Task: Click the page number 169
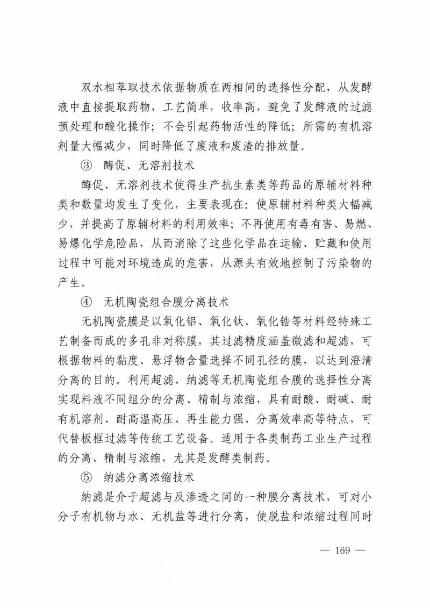pyautogui.click(x=342, y=551)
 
